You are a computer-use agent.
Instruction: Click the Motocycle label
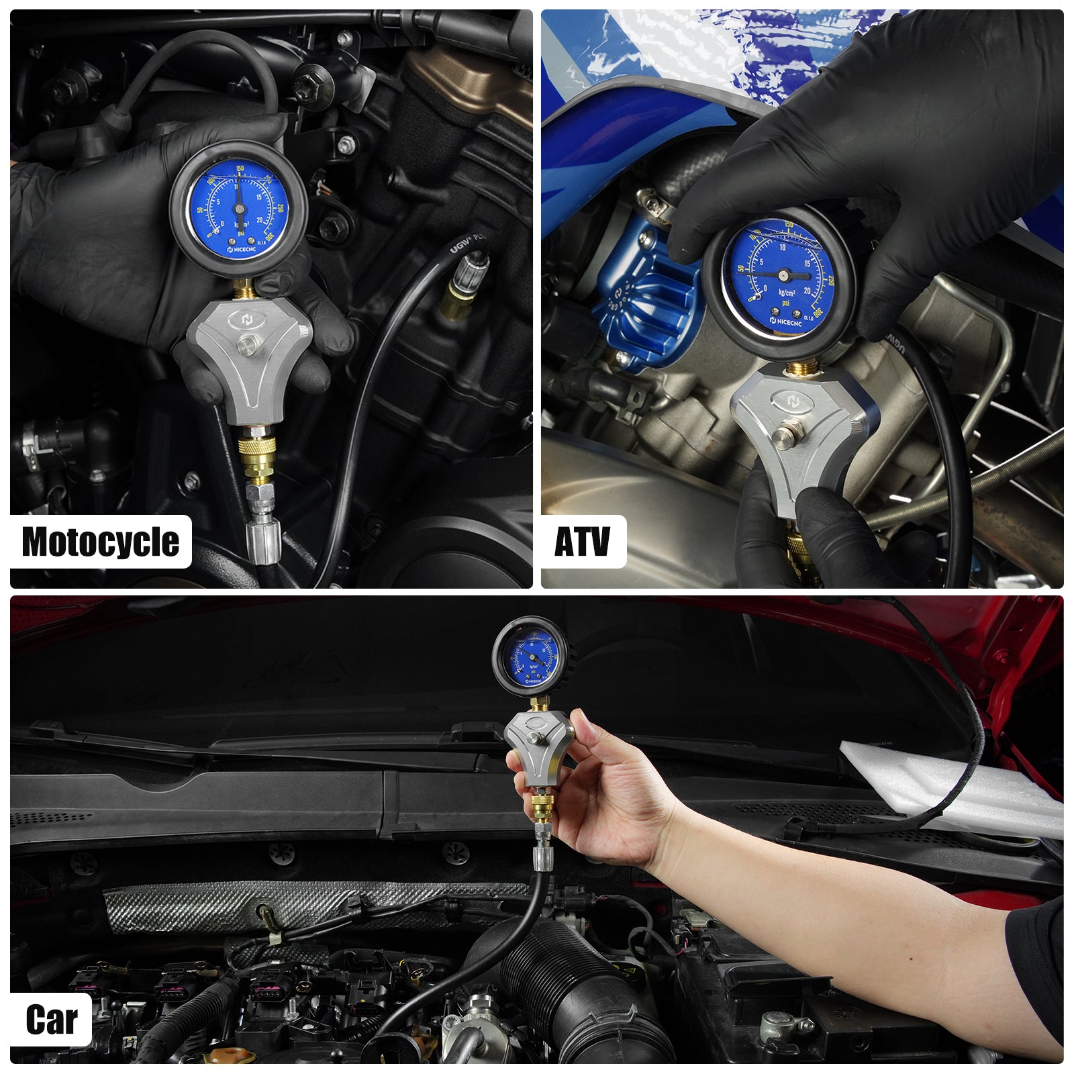pyautogui.click(x=101, y=542)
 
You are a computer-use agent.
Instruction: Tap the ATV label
pyautogui.click(x=583, y=542)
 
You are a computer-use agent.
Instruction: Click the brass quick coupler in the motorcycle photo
pyautogui.click(x=256, y=456)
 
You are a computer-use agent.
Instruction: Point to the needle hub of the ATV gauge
pyautogui.click(x=783, y=275)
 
